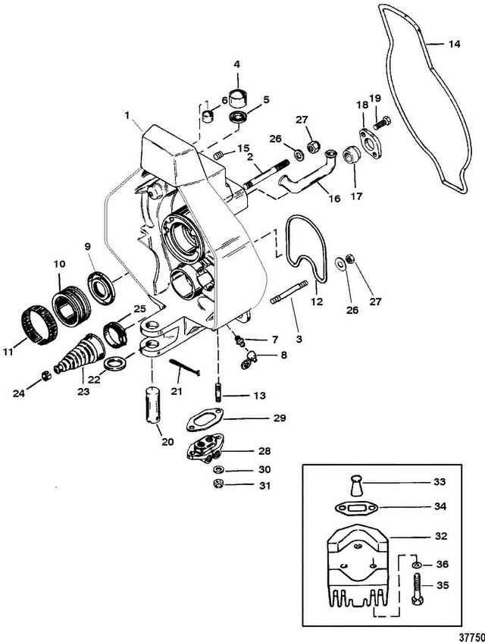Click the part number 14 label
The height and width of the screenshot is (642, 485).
tap(452, 45)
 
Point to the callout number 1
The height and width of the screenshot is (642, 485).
tap(130, 117)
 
